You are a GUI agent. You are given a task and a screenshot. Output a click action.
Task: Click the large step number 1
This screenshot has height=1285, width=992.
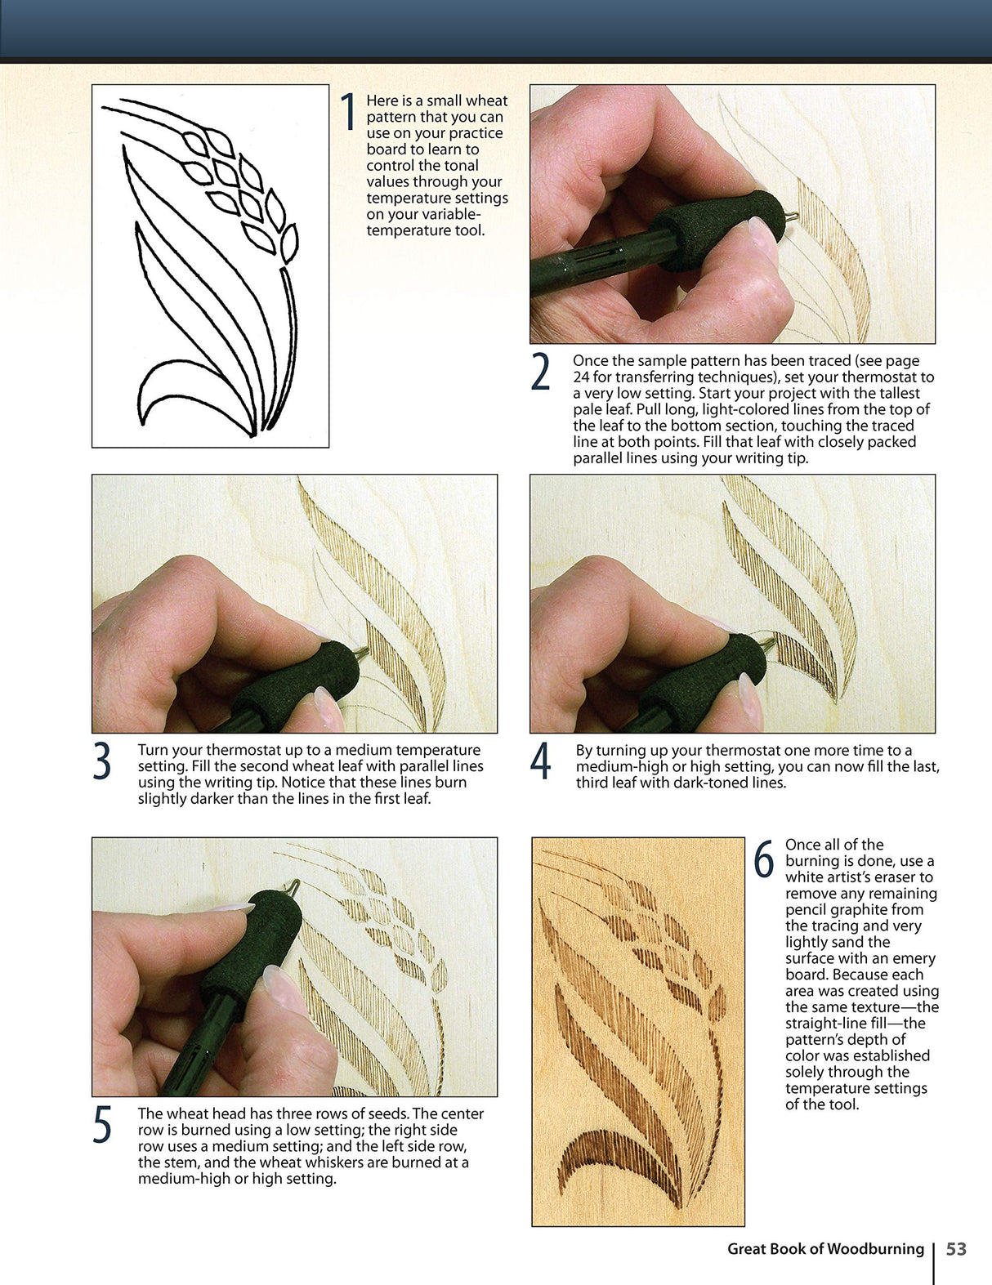click(349, 112)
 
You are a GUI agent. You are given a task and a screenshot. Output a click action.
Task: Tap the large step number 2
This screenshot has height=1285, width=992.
click(540, 373)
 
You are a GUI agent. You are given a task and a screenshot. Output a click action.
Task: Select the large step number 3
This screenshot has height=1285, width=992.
click(102, 762)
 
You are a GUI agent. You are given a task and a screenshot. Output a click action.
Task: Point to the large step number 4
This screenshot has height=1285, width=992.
click(540, 762)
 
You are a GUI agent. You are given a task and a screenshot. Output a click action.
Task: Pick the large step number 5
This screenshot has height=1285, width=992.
click(102, 1126)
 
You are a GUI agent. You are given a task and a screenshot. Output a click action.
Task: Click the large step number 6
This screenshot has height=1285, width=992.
click(763, 859)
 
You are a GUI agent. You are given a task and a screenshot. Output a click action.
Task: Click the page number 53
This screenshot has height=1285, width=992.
click(956, 1249)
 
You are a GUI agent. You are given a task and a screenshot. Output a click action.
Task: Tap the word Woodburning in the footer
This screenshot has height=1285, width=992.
click(874, 1249)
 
